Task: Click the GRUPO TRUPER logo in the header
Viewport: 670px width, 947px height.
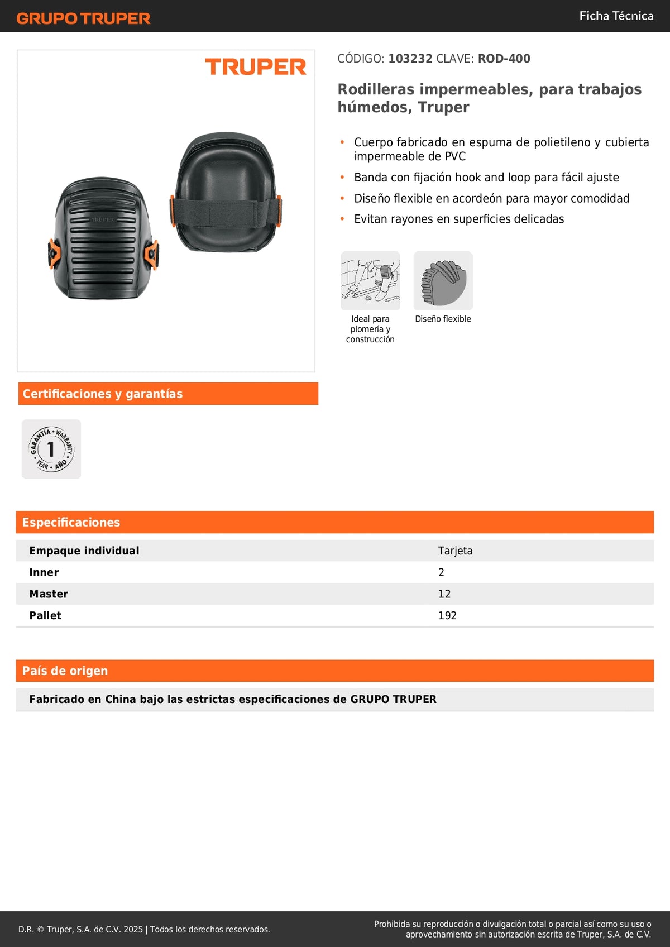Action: pyautogui.click(x=84, y=18)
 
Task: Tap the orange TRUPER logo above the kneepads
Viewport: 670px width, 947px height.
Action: pyautogui.click(x=256, y=67)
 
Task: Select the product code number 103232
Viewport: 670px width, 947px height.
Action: pyautogui.click(x=410, y=59)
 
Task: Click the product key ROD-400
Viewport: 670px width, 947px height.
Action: pyautogui.click(x=504, y=59)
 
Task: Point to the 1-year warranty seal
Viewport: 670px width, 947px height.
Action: pyautogui.click(x=51, y=449)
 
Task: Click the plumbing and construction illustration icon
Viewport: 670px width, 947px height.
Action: pyautogui.click(x=370, y=280)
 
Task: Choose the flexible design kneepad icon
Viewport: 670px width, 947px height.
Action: pyautogui.click(x=443, y=280)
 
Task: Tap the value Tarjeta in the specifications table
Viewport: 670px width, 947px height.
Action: pyautogui.click(x=455, y=551)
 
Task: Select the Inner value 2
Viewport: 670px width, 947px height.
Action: pyautogui.click(x=441, y=572)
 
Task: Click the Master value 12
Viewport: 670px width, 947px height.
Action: pyautogui.click(x=444, y=594)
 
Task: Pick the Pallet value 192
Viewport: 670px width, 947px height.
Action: pyautogui.click(x=447, y=615)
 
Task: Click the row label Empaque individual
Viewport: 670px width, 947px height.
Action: pyautogui.click(x=84, y=551)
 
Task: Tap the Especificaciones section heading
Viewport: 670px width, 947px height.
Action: pyautogui.click(x=71, y=522)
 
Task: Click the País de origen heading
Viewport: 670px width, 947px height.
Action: pyautogui.click(x=65, y=671)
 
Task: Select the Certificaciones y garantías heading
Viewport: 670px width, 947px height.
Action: pyautogui.click(x=103, y=394)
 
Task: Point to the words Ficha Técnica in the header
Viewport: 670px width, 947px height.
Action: pyautogui.click(x=616, y=16)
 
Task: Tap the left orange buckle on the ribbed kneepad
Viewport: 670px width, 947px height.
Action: pyautogui.click(x=54, y=254)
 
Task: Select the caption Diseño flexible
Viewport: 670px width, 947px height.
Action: pyautogui.click(x=443, y=319)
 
